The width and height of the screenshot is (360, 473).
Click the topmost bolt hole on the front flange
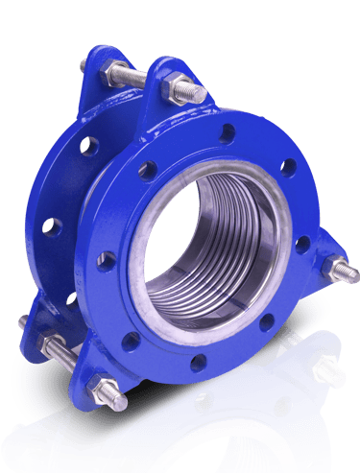pyautogui.click(x=227, y=132)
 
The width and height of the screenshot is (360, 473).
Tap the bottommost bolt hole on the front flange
pyautogui.click(x=198, y=363)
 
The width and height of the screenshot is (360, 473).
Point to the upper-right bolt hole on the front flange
pyautogui.click(x=288, y=167)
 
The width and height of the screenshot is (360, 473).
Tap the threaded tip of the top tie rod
pyautogui.click(x=200, y=95)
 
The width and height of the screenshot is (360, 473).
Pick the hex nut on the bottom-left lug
pyautogui.click(x=102, y=389)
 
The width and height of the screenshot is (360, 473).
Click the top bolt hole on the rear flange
pyautogui.click(x=89, y=146)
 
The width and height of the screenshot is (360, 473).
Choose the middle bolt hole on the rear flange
pyautogui.click(x=51, y=227)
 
